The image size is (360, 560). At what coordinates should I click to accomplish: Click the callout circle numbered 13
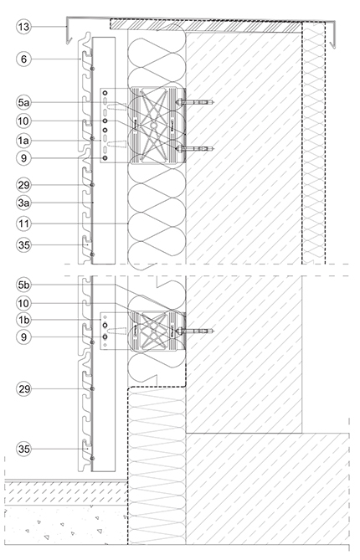point(24,27)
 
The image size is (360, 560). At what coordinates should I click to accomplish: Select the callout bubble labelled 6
point(24,59)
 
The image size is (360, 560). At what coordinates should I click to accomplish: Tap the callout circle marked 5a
point(24,102)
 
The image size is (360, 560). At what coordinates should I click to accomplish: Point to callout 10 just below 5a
point(24,121)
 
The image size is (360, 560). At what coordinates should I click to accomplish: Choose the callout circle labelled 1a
point(24,141)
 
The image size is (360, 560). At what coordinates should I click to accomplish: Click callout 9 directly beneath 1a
point(24,158)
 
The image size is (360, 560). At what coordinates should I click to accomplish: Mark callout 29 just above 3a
point(24,185)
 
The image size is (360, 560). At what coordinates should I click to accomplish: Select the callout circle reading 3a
point(24,203)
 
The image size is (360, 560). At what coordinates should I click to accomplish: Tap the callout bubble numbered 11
point(24,223)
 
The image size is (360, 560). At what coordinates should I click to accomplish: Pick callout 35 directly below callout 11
point(24,245)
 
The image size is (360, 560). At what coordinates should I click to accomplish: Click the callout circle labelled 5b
point(24,285)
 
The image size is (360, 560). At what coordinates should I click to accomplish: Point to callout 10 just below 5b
point(24,303)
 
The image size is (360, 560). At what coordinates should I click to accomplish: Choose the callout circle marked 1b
point(24,320)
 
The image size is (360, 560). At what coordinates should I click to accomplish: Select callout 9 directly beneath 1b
point(24,337)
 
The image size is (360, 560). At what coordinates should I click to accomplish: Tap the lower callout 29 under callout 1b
point(24,388)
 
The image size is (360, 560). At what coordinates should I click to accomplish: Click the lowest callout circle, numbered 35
point(24,449)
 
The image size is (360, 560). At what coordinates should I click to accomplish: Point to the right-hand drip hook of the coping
point(333,44)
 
